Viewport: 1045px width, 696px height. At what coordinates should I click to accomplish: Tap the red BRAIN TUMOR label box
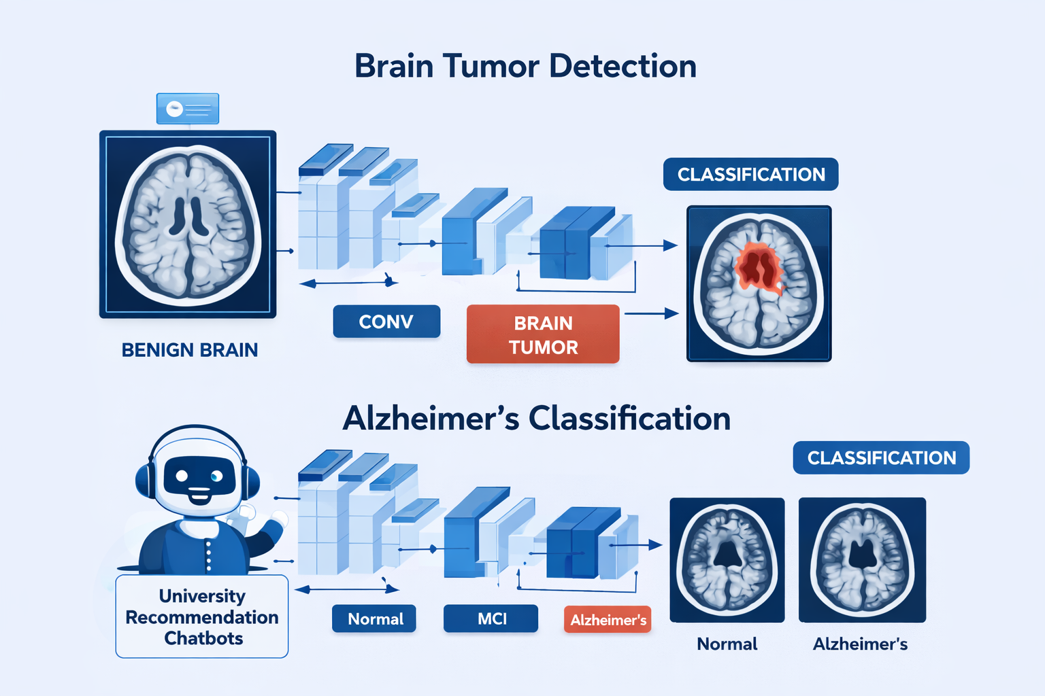(543, 334)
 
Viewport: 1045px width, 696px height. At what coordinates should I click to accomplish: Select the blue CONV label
(386, 321)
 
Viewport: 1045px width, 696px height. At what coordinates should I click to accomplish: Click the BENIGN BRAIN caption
(189, 350)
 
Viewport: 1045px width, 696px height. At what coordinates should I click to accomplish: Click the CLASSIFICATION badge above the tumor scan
(750, 175)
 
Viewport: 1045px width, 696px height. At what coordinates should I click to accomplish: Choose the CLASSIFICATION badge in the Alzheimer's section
(881, 458)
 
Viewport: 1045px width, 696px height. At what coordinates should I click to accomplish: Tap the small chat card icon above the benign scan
(188, 109)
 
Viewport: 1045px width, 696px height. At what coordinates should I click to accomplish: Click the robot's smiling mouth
(199, 494)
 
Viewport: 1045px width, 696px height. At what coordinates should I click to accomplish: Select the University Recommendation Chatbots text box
(202, 616)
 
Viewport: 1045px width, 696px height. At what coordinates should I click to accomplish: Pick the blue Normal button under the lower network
(374, 619)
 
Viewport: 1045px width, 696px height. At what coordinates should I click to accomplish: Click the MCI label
(491, 619)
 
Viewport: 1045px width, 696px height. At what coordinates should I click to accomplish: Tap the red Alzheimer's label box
(608, 620)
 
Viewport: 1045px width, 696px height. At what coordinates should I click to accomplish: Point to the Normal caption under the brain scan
(727, 644)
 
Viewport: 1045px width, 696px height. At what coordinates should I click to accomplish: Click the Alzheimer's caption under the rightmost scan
(860, 644)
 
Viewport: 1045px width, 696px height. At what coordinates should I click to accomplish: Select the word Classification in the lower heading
(629, 419)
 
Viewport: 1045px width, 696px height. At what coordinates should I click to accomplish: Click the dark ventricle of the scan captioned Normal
(727, 555)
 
